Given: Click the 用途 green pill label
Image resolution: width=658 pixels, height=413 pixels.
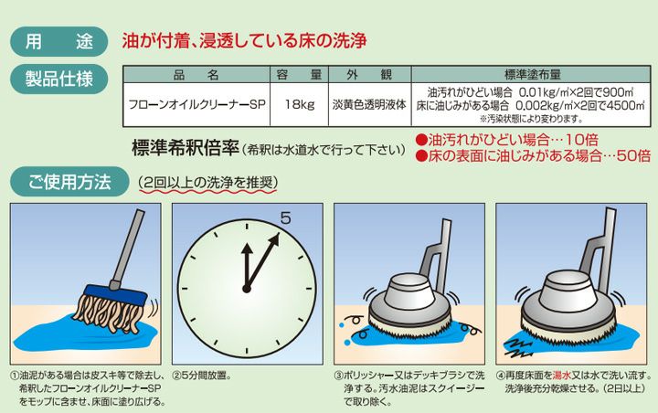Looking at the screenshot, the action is [x=59, y=41].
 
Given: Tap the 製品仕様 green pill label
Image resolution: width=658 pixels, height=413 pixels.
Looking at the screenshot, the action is [x=59, y=79].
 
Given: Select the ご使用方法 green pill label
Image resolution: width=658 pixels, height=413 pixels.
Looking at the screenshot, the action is [x=69, y=182].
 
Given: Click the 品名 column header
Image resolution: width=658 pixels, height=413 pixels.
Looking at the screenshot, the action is [x=196, y=75].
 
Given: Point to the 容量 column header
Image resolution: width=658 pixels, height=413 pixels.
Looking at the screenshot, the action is [x=299, y=75].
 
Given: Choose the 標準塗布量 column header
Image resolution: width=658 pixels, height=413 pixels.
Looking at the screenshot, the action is [x=531, y=75].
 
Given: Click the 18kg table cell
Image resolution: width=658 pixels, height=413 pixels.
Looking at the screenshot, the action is [x=299, y=104].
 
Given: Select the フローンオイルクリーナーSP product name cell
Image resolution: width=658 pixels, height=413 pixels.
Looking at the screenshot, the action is [x=196, y=104].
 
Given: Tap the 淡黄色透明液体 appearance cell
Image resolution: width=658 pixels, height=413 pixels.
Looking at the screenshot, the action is [x=370, y=104].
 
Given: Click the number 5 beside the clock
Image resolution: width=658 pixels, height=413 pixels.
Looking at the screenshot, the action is [x=285, y=217].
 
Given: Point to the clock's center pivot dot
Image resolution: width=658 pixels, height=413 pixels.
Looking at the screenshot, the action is [x=247, y=289].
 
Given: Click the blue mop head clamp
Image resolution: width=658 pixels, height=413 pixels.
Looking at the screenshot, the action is [x=116, y=295].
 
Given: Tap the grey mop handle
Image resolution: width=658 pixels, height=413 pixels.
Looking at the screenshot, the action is [x=128, y=249].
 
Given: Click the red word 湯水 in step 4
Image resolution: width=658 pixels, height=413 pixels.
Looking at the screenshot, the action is [x=562, y=376].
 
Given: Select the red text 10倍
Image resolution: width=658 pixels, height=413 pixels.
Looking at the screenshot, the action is [x=581, y=140].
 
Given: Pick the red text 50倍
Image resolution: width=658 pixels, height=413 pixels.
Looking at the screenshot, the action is [x=634, y=155].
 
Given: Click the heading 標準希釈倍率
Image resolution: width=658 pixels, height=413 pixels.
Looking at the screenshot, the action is [x=186, y=148].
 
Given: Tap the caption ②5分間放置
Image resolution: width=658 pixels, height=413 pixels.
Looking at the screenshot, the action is [x=203, y=376].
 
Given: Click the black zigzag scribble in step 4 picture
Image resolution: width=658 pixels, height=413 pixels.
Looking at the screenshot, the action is [x=518, y=347].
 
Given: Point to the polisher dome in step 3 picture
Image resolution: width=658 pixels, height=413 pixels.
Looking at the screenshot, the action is [x=409, y=291].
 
